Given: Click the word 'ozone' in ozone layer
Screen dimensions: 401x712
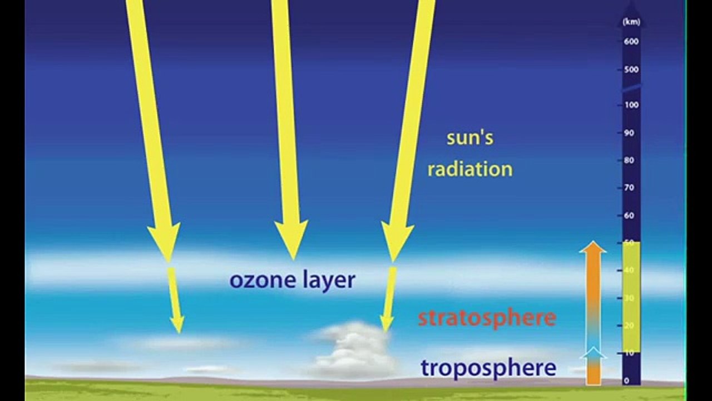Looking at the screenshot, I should click(x=263, y=280).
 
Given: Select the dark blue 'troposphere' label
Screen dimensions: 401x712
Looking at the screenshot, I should click(x=488, y=368).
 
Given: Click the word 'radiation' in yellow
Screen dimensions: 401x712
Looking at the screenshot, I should click(x=469, y=169).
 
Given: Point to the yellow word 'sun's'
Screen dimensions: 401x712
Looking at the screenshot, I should click(x=470, y=138).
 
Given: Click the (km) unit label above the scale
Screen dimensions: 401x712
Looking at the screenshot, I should click(x=631, y=22).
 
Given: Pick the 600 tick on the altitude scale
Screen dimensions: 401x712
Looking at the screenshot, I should click(x=631, y=41).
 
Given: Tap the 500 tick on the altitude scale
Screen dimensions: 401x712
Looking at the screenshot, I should click(x=631, y=70).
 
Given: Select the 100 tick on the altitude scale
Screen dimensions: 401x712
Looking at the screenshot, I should click(x=631, y=105).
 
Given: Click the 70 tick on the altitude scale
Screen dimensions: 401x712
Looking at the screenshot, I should click(x=629, y=188).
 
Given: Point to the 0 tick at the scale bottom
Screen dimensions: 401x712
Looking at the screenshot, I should click(x=627, y=381).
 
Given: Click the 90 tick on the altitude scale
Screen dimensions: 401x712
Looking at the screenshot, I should click(x=629, y=133).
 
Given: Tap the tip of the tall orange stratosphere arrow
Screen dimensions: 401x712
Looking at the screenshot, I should click(x=592, y=246).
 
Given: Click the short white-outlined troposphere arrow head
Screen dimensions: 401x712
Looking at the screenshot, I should click(x=593, y=353).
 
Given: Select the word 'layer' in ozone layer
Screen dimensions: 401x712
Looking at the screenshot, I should click(x=329, y=280).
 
